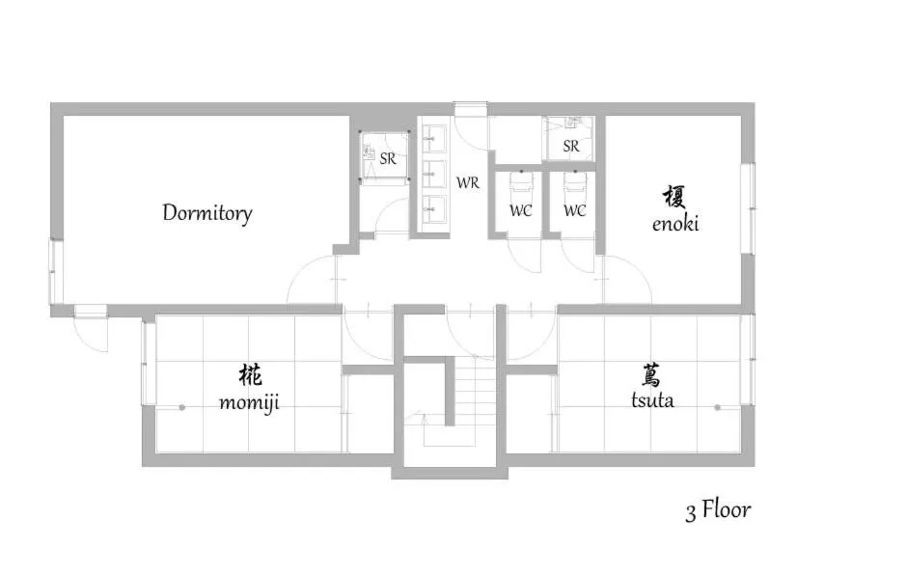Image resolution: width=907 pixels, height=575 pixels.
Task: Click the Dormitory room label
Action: (206, 213)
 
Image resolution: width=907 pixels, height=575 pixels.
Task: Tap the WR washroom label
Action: (468, 181)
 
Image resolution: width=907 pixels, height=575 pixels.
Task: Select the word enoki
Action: (675, 224)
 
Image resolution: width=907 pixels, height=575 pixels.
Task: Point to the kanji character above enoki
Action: (675, 198)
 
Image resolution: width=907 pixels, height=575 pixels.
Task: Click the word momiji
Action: (249, 401)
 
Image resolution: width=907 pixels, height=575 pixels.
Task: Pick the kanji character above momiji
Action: (249, 374)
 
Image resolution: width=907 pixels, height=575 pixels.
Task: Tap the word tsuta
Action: (652, 400)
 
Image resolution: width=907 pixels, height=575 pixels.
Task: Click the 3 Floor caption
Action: (718, 509)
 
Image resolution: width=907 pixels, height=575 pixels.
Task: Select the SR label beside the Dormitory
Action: (388, 159)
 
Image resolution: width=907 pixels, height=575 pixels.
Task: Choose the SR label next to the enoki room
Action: (571, 147)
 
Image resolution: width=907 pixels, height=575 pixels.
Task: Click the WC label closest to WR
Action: (520, 209)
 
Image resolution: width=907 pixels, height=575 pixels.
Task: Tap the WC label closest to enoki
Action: (574, 209)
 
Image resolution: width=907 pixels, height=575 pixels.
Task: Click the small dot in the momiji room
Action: (181, 407)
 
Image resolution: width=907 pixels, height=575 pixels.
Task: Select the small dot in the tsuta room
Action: (717, 407)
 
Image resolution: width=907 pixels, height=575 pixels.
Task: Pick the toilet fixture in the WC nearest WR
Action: (520, 183)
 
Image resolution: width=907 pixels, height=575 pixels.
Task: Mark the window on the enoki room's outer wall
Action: (747, 206)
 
